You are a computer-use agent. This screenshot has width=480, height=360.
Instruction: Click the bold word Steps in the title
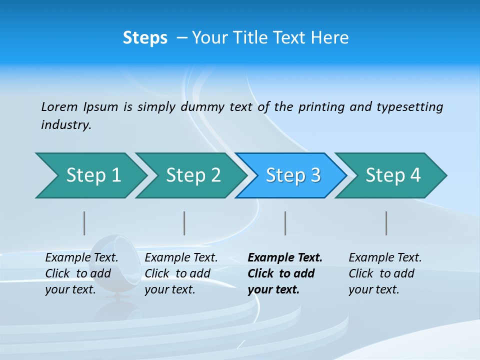(x=145, y=38)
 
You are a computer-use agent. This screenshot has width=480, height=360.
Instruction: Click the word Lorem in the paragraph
(x=59, y=106)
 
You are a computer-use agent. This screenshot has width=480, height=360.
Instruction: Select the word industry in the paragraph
(x=66, y=124)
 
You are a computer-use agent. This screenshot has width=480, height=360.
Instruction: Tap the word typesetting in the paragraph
(x=409, y=106)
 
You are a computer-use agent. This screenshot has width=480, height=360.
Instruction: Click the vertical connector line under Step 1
(x=84, y=223)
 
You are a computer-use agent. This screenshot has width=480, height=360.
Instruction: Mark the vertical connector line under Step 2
(x=184, y=223)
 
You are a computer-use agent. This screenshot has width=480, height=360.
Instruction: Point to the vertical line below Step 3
(x=285, y=223)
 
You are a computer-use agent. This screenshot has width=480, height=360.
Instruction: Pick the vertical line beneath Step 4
(x=386, y=223)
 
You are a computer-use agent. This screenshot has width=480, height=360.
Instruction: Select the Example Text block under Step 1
(x=81, y=273)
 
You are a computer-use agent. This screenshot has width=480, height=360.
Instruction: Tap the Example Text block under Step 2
(x=181, y=273)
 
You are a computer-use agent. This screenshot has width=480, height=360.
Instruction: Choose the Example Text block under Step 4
(x=385, y=273)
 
